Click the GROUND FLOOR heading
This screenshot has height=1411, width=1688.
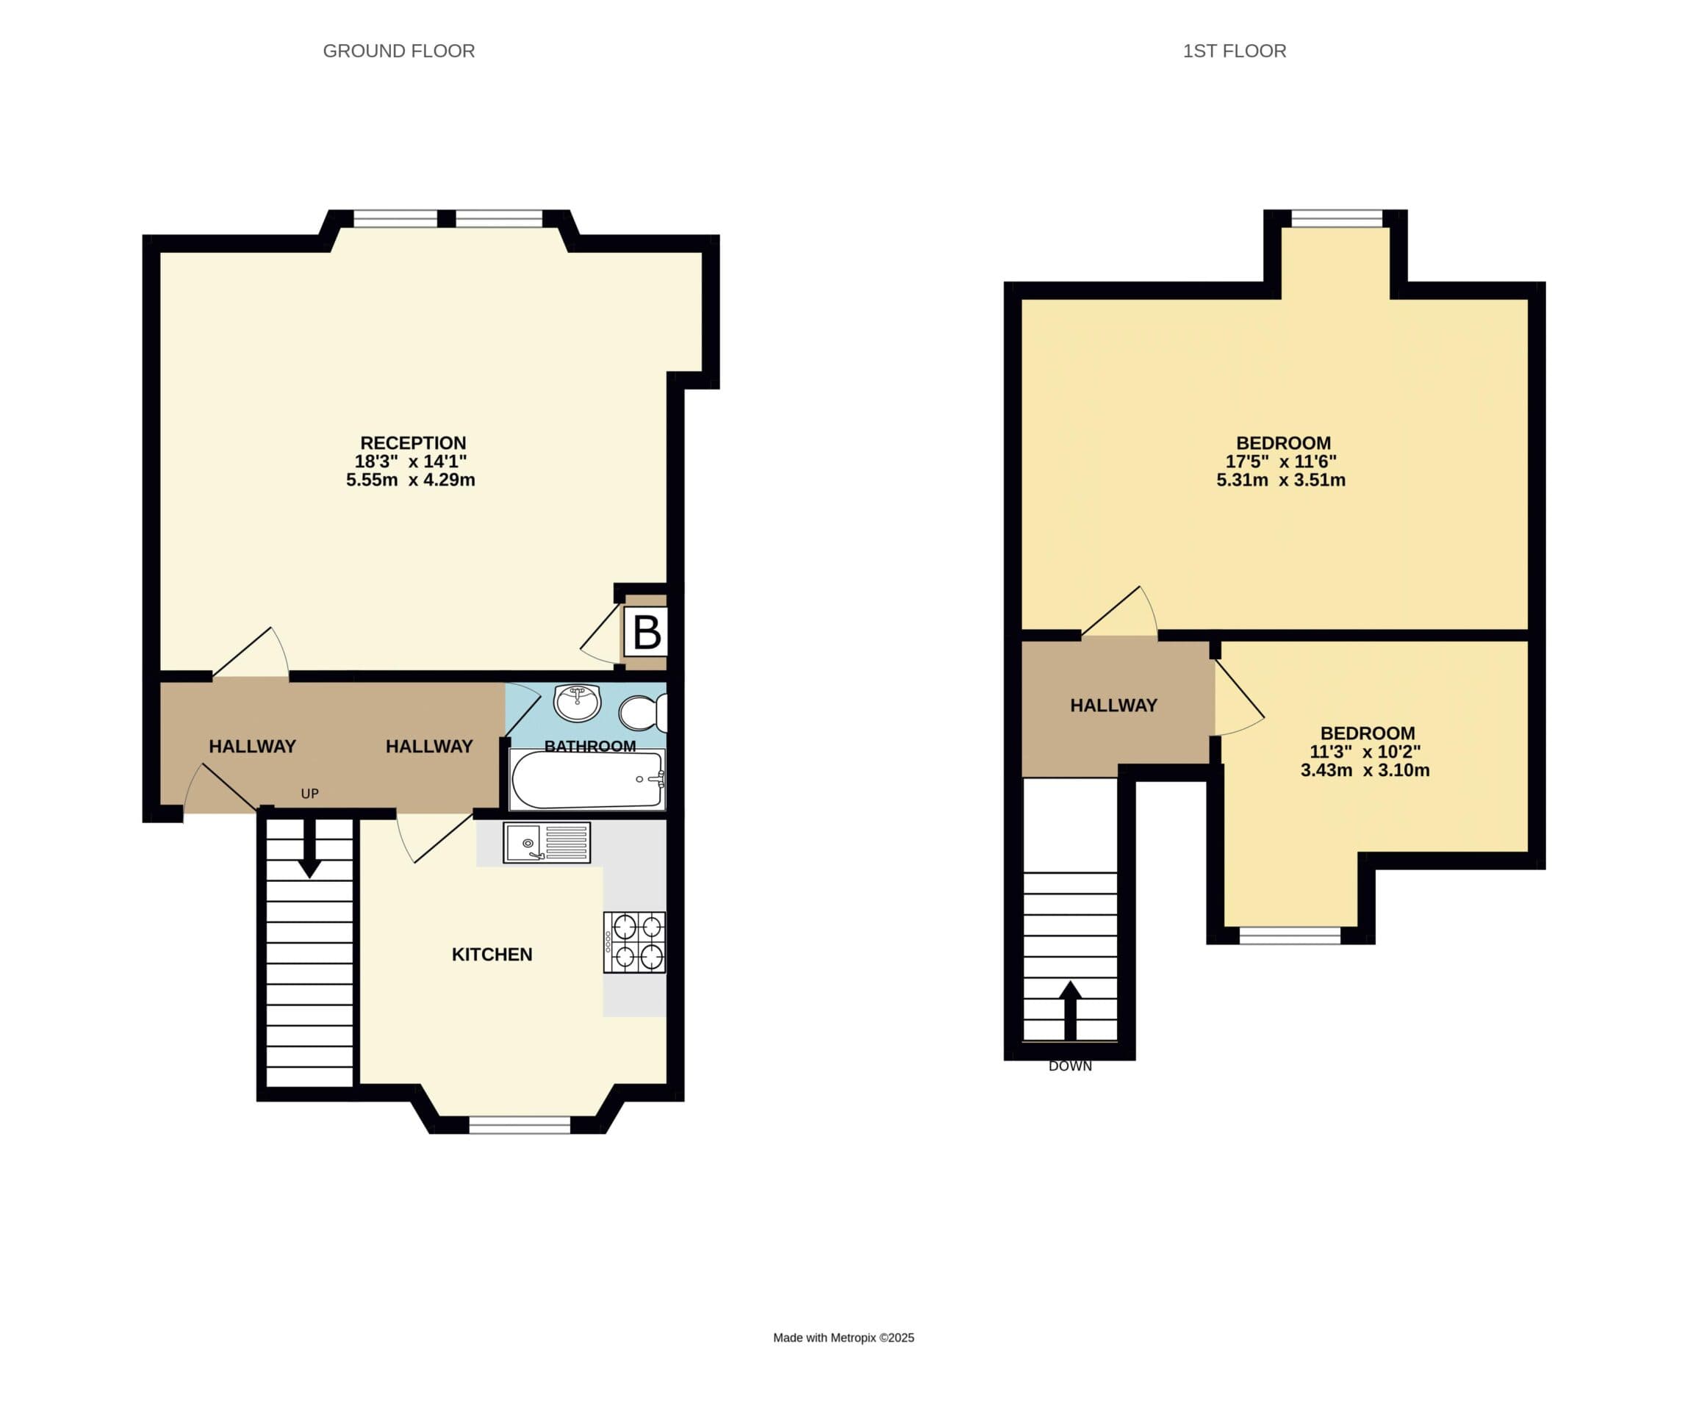click(x=399, y=51)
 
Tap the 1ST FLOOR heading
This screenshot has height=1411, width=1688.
click(x=1235, y=51)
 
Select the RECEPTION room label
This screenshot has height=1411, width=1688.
click(x=413, y=443)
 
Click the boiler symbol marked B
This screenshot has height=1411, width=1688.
click(x=646, y=631)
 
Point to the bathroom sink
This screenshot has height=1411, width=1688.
click(x=577, y=703)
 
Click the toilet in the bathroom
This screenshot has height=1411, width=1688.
click(x=642, y=712)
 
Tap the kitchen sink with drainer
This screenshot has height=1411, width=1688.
click(x=547, y=843)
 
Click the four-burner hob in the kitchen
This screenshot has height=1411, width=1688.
click(x=634, y=942)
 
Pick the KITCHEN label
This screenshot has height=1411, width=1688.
click(x=492, y=955)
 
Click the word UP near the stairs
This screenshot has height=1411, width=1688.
click(x=309, y=794)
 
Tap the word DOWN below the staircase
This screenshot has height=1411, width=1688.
click(x=1070, y=1066)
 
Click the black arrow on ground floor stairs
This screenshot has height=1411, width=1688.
click(x=309, y=848)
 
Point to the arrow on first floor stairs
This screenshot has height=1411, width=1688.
click(x=1070, y=1010)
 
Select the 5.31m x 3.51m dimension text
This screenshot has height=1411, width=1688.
click(x=1280, y=480)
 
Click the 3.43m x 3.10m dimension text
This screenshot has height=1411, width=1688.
click(x=1365, y=770)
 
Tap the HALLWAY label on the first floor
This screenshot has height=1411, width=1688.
click(x=1113, y=705)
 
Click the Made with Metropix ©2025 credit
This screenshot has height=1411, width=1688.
click(x=843, y=1338)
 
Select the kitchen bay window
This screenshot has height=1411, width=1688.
click(x=520, y=1125)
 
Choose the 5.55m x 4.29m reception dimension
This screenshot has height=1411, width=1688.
click(x=411, y=480)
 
